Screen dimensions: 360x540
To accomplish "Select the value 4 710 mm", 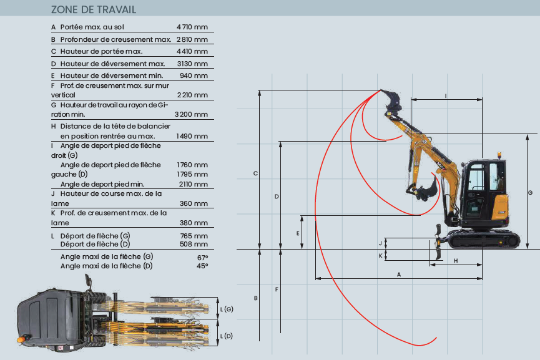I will click(x=192, y=27).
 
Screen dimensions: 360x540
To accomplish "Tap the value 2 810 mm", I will click(x=192, y=40).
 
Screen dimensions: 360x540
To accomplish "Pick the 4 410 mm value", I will click(x=192, y=51).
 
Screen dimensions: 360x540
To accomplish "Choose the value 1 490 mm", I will click(x=192, y=136).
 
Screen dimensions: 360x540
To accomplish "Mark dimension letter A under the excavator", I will click(x=398, y=275).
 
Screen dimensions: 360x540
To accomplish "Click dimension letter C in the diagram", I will click(x=255, y=173).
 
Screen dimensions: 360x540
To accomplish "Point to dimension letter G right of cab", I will click(x=529, y=193).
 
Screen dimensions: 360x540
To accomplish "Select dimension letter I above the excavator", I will click(x=445, y=95).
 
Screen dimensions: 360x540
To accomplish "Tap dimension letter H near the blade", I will click(x=456, y=260).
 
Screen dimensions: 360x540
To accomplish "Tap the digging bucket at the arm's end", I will click(x=427, y=190).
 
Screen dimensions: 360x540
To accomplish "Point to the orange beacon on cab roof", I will click(x=499, y=156).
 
